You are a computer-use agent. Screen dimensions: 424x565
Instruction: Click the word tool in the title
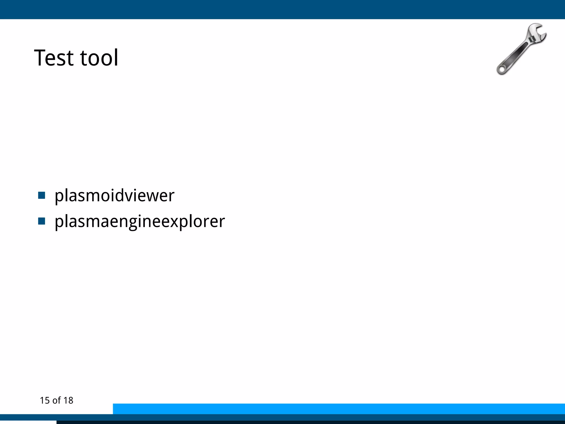coord(99,58)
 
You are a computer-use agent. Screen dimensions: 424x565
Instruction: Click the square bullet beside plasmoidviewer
coord(42,195)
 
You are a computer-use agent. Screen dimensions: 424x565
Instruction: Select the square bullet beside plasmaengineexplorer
coord(42,221)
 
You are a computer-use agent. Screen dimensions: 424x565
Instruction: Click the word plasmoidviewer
coord(114,196)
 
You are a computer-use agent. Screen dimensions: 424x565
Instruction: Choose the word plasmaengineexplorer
coord(140,221)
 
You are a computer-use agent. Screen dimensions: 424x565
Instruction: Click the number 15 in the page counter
coord(45,401)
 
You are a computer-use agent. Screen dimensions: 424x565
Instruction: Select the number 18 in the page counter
coord(68,401)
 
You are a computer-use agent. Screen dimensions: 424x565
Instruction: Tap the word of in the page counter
coord(56,401)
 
